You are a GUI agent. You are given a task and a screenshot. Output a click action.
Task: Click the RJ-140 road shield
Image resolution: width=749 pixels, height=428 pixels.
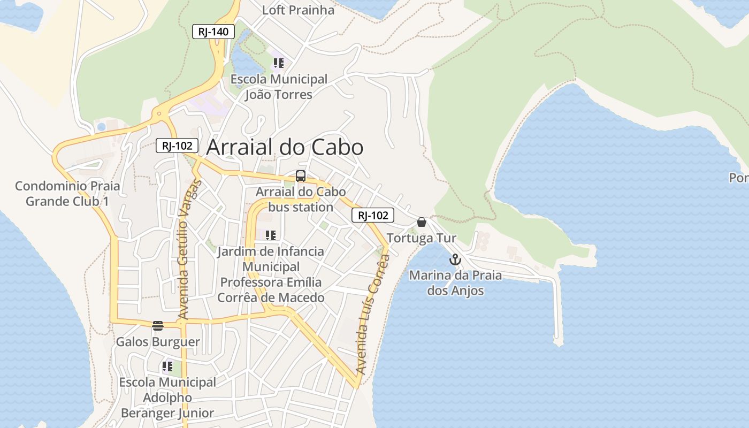pyautogui.click(x=213, y=32)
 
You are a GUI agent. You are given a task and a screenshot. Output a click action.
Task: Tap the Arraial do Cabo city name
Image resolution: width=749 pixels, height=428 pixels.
pyautogui.click(x=285, y=148)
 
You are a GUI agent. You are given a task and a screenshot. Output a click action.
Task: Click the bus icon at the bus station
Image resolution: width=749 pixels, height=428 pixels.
pyautogui.click(x=301, y=176)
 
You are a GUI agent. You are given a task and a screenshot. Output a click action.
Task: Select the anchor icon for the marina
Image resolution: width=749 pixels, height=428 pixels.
pyautogui.click(x=455, y=260)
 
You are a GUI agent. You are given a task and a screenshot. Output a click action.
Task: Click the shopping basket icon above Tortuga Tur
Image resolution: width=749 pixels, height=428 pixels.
pyautogui.click(x=422, y=222)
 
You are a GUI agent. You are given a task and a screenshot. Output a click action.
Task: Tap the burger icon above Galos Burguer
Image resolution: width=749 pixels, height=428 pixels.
pyautogui.click(x=157, y=326)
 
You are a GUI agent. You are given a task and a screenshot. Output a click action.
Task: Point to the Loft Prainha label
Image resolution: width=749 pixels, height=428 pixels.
pyautogui.click(x=298, y=10)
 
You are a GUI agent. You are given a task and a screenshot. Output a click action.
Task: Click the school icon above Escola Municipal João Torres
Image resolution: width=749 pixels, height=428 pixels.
pyautogui.click(x=278, y=64)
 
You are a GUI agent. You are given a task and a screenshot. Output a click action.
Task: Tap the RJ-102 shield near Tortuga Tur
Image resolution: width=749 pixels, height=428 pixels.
pyautogui.click(x=373, y=216)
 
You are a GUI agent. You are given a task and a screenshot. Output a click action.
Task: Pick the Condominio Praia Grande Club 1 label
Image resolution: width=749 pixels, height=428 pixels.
pyautogui.click(x=67, y=194)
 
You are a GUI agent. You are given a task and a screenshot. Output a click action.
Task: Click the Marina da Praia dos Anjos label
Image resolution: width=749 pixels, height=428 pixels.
pyautogui.click(x=455, y=283)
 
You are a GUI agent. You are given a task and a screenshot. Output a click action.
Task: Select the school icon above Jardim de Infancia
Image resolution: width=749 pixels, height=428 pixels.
pyautogui.click(x=271, y=235)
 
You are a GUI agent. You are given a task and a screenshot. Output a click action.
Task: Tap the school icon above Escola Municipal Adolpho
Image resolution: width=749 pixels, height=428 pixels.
pyautogui.click(x=167, y=367)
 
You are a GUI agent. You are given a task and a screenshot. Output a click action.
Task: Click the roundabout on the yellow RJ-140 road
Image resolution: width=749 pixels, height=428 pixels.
pyautogui.click(x=159, y=113)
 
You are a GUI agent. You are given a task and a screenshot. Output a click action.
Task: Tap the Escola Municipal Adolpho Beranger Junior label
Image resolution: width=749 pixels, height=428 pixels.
pyautogui.click(x=167, y=398)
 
